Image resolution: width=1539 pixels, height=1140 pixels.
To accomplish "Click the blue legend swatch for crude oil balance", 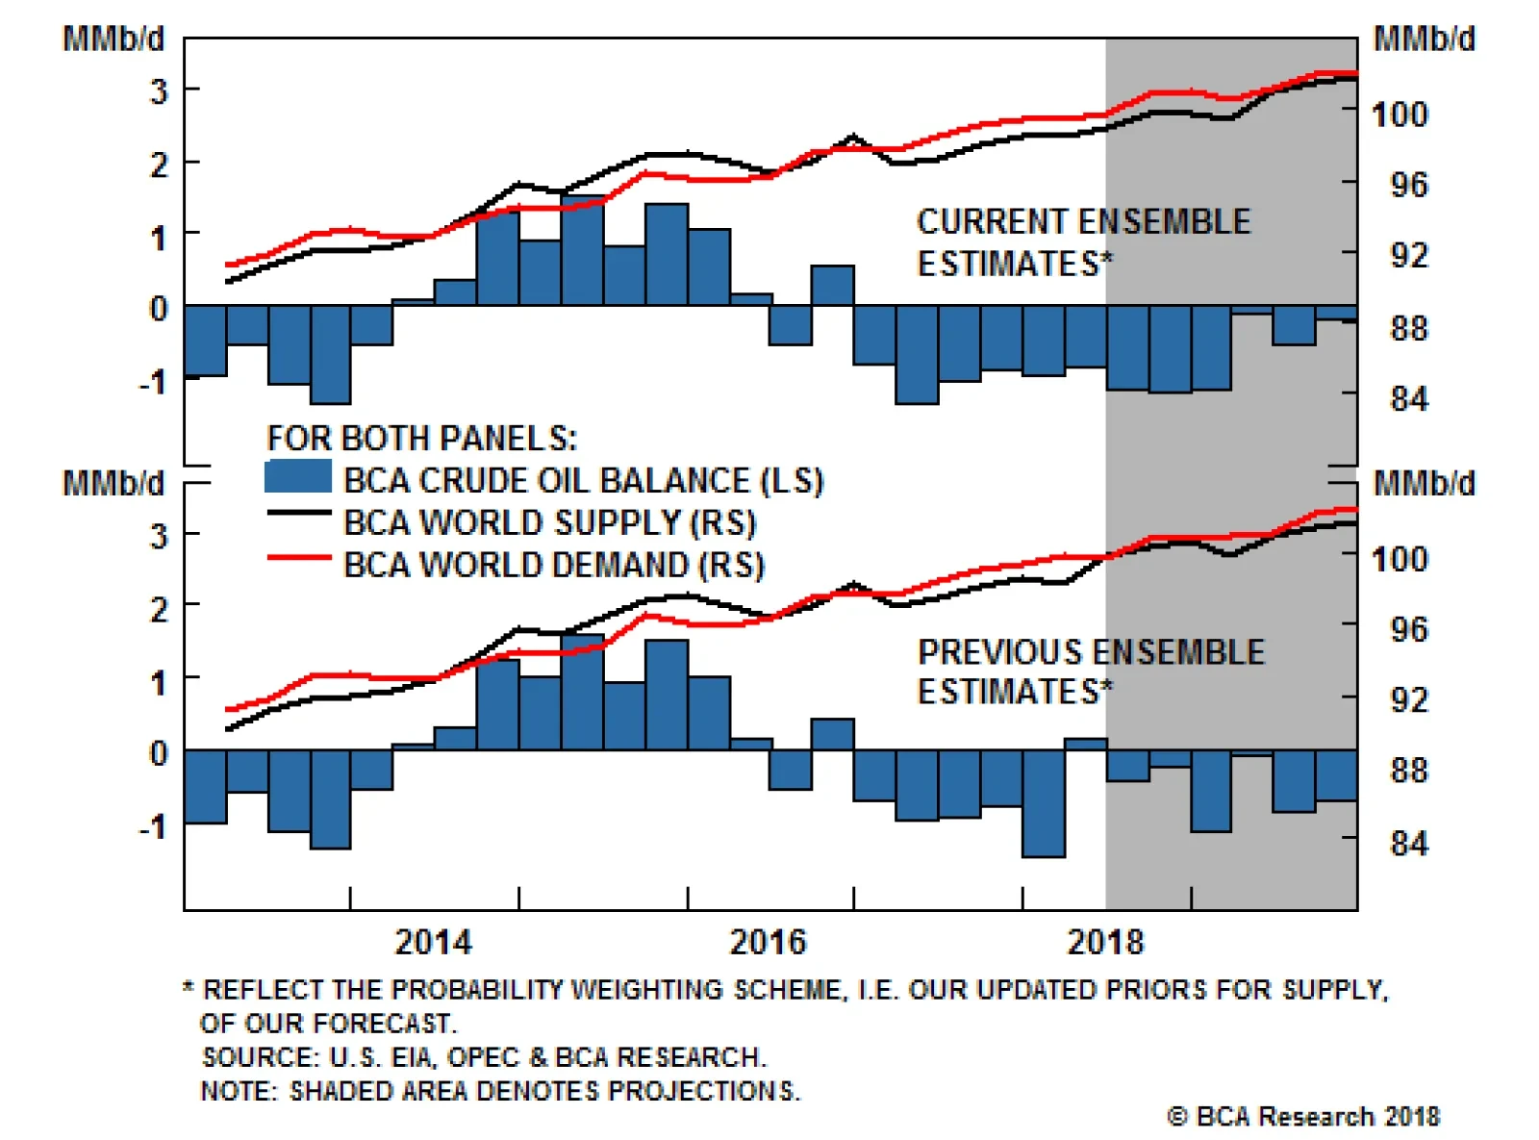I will pyautogui.click(x=297, y=477).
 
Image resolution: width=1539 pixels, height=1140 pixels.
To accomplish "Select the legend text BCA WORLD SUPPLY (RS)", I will pyautogui.click(x=549, y=522).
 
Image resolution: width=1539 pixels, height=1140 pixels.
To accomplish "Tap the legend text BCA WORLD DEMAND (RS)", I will pyautogui.click(x=553, y=565).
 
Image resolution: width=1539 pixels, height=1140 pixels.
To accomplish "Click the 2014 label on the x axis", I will pyautogui.click(x=433, y=942).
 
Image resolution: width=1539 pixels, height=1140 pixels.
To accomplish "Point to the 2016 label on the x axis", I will pyautogui.click(x=768, y=942).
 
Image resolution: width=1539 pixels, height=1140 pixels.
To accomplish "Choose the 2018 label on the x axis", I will pyautogui.click(x=1105, y=942).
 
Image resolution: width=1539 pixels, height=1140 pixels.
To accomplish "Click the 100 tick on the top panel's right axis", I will pyautogui.click(x=1400, y=114).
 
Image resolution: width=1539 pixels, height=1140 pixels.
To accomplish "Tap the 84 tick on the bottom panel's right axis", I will pyautogui.click(x=1408, y=844).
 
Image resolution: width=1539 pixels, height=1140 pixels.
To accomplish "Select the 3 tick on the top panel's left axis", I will pyautogui.click(x=159, y=91).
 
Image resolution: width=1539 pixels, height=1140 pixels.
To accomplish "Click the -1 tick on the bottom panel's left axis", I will pyautogui.click(x=152, y=826).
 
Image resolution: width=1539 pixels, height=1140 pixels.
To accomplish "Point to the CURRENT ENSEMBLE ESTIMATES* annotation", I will pyautogui.click(x=1083, y=242).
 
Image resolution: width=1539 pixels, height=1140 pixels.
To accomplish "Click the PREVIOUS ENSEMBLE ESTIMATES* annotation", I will pyautogui.click(x=1091, y=671).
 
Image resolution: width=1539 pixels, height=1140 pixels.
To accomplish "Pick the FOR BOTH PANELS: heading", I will pyautogui.click(x=421, y=439).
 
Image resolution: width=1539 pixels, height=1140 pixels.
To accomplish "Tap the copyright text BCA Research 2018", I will pyautogui.click(x=1303, y=1117).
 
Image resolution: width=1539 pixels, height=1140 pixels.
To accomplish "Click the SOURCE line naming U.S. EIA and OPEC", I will pyautogui.click(x=484, y=1057).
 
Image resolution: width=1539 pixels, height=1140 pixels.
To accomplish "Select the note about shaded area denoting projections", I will pyautogui.click(x=499, y=1091).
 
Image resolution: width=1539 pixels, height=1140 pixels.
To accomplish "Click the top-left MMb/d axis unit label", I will pyautogui.click(x=114, y=39).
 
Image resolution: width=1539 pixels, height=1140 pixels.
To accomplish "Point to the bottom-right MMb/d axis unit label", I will pyautogui.click(x=1424, y=483).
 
